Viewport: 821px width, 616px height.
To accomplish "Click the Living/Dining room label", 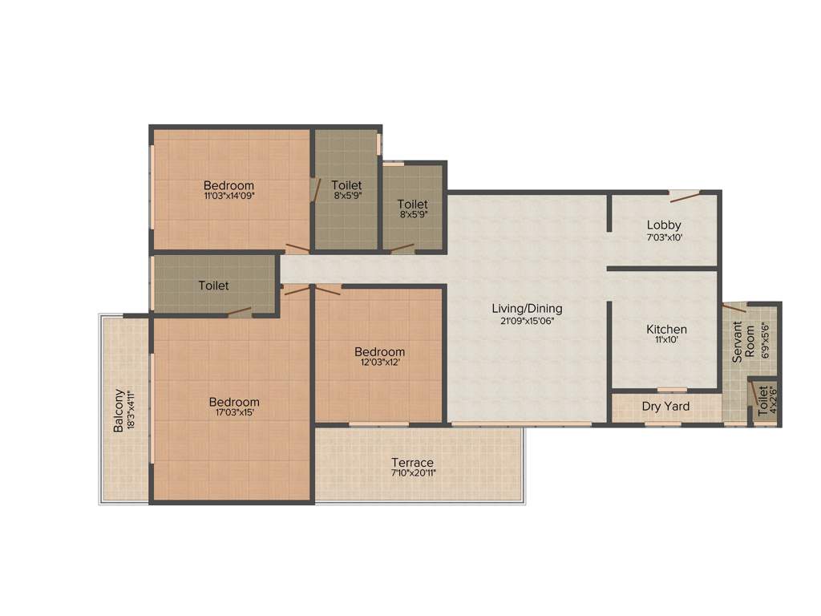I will click(x=527, y=308).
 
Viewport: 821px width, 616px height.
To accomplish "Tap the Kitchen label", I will click(x=666, y=330).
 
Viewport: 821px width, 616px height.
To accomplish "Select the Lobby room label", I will click(x=664, y=225).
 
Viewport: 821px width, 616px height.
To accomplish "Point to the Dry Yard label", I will click(x=665, y=407).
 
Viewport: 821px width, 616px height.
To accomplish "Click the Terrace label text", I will click(x=412, y=463).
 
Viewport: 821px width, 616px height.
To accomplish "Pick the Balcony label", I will click(x=119, y=411).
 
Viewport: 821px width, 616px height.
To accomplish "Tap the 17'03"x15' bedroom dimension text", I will click(x=234, y=413).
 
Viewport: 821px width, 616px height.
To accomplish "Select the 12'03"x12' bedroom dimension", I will click(x=380, y=363).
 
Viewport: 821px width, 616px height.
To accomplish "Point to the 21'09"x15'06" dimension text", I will click(x=527, y=320).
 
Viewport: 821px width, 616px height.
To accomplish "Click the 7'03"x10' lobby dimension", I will click(x=664, y=237).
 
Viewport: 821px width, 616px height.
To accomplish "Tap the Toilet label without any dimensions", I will click(x=214, y=286).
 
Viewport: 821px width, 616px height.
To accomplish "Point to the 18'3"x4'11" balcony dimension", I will click(x=130, y=411).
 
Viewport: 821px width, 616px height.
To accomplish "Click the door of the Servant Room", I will click(x=734, y=308).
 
